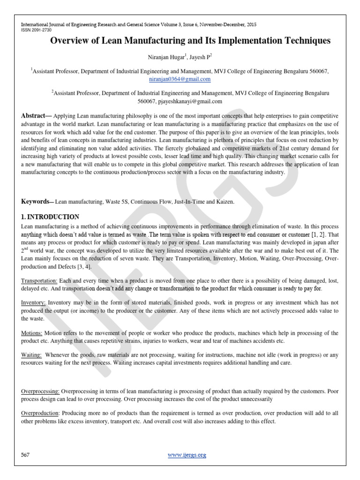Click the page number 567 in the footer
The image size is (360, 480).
click(26, 455)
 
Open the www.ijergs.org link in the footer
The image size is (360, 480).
click(186, 455)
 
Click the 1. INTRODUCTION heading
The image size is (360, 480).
click(50, 217)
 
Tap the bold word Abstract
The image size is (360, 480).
click(35, 116)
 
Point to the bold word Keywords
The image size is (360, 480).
click(37, 201)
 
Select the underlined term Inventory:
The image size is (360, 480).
click(34, 303)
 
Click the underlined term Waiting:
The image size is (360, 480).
click(32, 356)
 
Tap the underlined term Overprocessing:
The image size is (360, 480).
click(40, 391)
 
